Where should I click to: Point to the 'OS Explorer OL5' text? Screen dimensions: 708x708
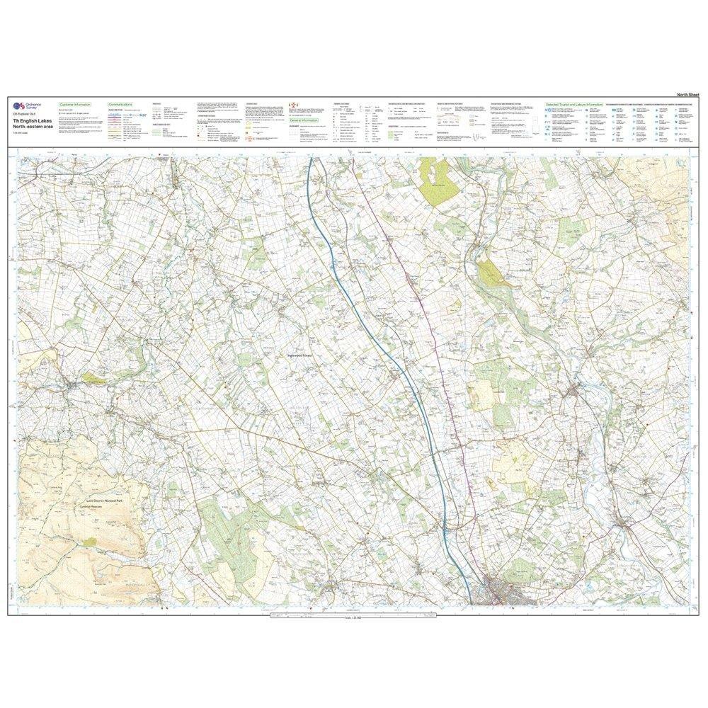point(25,113)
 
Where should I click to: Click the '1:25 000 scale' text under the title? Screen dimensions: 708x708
point(21,132)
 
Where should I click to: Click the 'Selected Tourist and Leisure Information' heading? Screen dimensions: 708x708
point(573,104)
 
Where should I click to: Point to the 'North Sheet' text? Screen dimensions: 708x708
point(687,94)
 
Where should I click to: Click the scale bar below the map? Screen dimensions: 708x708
point(354,618)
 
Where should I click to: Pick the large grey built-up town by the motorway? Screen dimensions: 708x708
point(506,591)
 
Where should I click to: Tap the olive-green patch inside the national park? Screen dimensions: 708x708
point(89,542)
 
